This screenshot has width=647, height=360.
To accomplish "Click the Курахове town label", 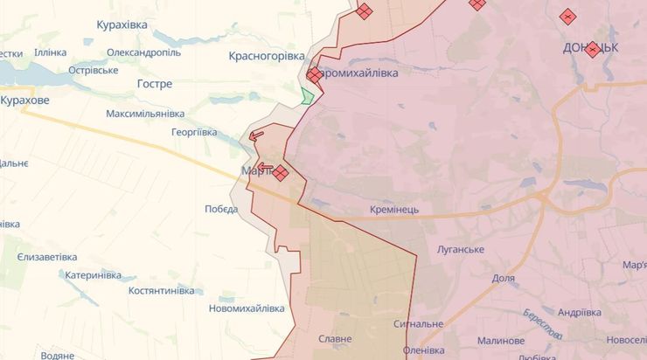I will tap(24, 100).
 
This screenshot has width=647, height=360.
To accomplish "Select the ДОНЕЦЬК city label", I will tap(591, 48).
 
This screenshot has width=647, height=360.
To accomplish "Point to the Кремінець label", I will tap(394, 211).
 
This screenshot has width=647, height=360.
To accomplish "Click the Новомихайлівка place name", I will tap(247, 308).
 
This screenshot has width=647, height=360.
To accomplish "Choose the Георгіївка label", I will tap(194, 132).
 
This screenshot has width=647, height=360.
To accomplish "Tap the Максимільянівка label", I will tap(145, 114).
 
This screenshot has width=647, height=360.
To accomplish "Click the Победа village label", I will tap(221, 209).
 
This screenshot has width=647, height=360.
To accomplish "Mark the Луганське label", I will tap(461, 250).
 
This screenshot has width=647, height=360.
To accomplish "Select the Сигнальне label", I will tap(418, 323).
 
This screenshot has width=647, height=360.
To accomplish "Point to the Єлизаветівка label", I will tap(47, 257).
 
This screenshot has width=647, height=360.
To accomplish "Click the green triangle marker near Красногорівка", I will tap(306, 96).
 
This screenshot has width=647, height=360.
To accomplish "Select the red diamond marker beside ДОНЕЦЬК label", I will tap(593, 49).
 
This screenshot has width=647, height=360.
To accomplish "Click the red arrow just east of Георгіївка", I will tap(256, 135).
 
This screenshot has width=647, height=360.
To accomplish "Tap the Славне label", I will tap(335, 338).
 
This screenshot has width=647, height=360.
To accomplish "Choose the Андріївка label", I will tap(579, 312).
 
